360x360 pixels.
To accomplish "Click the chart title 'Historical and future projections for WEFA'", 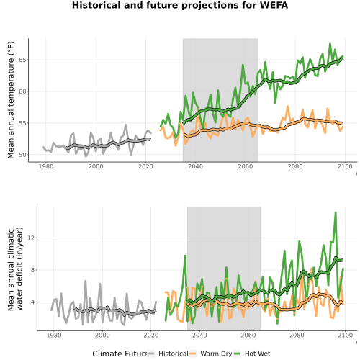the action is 180,5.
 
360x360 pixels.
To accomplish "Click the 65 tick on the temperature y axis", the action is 22,60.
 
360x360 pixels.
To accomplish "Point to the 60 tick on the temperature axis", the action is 22,91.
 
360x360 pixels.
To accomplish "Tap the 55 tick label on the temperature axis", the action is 22,123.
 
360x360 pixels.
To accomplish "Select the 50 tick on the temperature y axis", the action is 22,155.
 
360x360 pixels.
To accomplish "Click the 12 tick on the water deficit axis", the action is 31,238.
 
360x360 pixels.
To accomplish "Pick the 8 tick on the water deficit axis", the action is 33,270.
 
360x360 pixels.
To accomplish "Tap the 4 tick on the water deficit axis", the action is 33,302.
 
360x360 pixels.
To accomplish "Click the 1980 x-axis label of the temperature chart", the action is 46,166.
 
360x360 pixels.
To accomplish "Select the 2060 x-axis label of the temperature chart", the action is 246,166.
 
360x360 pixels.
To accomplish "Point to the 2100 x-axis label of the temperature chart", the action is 345,166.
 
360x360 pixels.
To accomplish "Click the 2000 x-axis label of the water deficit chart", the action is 102,335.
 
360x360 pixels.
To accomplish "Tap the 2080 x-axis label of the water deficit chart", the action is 297,335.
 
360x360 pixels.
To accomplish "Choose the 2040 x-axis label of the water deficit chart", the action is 199,335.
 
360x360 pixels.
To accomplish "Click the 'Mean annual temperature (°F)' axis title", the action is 11,100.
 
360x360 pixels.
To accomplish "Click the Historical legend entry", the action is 168,354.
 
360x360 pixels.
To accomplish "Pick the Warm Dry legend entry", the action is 211,354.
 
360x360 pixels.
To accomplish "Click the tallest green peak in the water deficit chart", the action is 336,212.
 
